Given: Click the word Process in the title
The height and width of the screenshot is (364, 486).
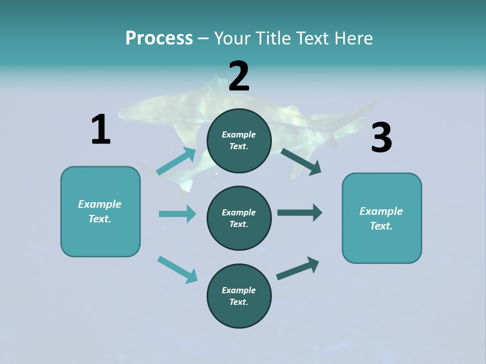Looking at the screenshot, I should coord(159,38).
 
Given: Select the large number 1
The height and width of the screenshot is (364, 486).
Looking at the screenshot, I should coord(101,129).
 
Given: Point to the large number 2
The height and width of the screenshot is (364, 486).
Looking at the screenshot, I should coord(239,76).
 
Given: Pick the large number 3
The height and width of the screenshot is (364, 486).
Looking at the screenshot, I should coord(381,138).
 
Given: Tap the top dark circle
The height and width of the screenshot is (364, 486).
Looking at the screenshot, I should coord(239,141).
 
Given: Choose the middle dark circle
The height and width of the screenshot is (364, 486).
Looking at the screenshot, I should coord(239,218).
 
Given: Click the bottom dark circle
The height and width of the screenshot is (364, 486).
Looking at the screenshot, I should coord(239,296).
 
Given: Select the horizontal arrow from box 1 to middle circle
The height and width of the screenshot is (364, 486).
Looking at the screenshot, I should coord(177,214).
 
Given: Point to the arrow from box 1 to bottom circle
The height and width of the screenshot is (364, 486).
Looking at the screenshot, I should coord(177,269).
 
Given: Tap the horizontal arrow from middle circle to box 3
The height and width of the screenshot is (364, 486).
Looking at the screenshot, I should coord(300,213).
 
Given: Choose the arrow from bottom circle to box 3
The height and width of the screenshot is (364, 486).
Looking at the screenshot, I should coord(298,268).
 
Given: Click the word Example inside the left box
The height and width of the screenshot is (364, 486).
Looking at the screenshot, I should coord(100,204).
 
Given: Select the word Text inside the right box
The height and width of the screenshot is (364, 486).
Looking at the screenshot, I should coord(381,226).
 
